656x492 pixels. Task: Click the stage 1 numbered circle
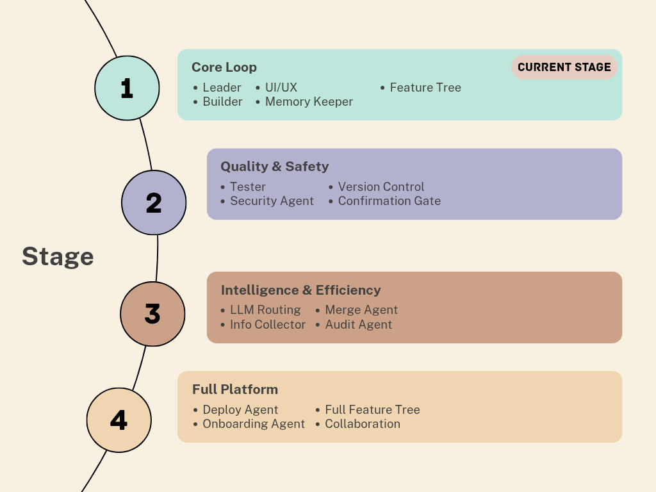(x=127, y=88)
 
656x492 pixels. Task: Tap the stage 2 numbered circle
(x=154, y=202)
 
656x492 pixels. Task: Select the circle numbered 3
(x=152, y=314)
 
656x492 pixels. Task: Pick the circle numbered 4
(x=119, y=420)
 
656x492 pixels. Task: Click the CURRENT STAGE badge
(x=564, y=67)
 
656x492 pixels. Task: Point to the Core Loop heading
(x=224, y=67)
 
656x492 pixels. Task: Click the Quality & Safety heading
(x=274, y=167)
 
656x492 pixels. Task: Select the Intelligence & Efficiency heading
(x=300, y=290)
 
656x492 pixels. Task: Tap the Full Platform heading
(x=235, y=389)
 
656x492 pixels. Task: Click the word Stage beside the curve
(x=58, y=256)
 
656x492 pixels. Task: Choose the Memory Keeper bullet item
(x=309, y=102)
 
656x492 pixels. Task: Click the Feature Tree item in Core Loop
(x=425, y=88)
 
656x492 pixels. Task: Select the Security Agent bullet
(x=272, y=201)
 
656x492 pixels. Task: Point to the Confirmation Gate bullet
(x=389, y=201)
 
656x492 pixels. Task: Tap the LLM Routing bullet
(x=265, y=310)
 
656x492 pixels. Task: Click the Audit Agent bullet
(x=358, y=325)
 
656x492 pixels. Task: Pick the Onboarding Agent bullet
(x=254, y=424)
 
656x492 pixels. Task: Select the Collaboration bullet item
(x=362, y=424)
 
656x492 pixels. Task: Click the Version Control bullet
(x=381, y=187)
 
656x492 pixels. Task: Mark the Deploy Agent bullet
(x=240, y=410)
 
